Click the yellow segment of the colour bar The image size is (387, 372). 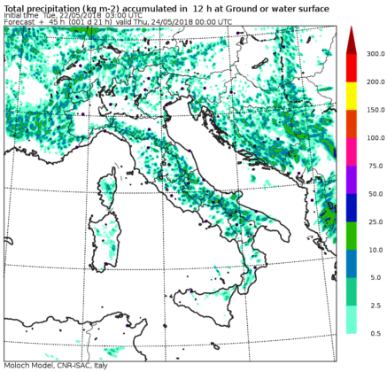click(x=351, y=96)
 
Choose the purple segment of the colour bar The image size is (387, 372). click(x=351, y=179)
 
